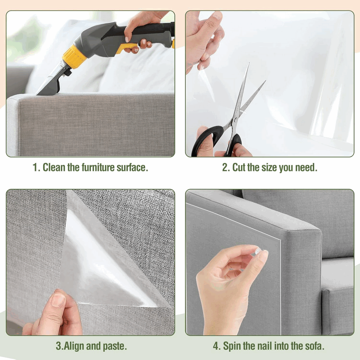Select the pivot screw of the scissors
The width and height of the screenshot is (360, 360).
[x=235, y=120]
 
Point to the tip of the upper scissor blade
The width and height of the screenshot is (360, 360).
[x=249, y=63]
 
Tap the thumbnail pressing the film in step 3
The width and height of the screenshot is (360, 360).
[x=58, y=300]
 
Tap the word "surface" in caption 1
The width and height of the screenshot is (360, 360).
[x=131, y=167]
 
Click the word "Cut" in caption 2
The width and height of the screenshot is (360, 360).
[x=239, y=167]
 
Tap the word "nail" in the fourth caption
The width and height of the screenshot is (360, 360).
[x=265, y=346]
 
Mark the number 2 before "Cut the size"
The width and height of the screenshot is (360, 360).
[x=225, y=168]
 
